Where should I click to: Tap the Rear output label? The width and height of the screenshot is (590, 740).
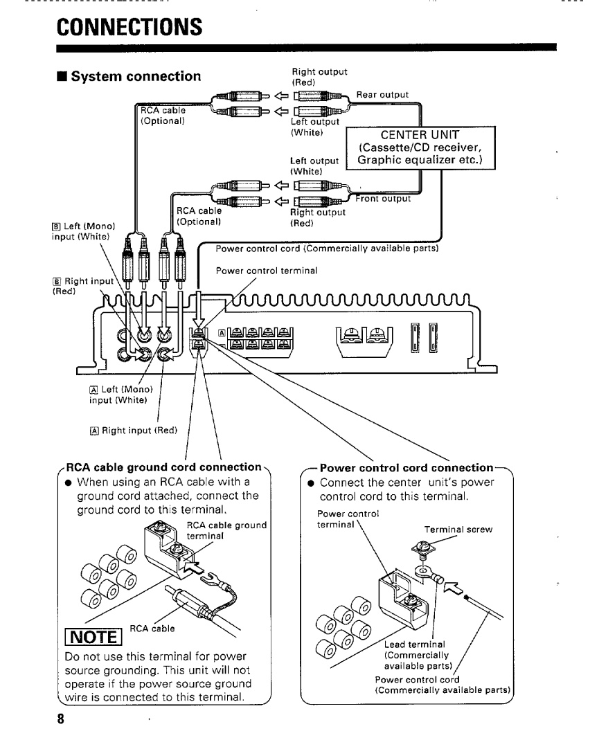382,95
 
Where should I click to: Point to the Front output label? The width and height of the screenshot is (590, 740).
384,199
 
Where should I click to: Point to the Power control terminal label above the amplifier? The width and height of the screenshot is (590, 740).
267,271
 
